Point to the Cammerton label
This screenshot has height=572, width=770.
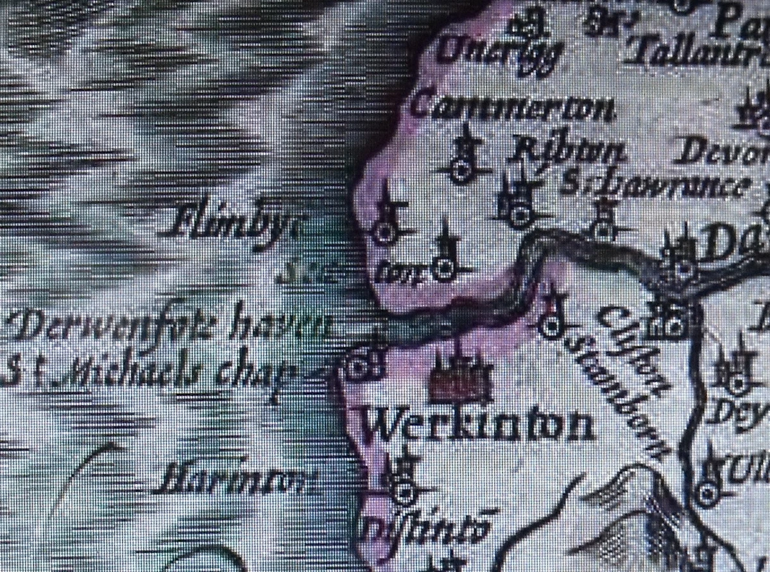pyautogui.click(x=511, y=107)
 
